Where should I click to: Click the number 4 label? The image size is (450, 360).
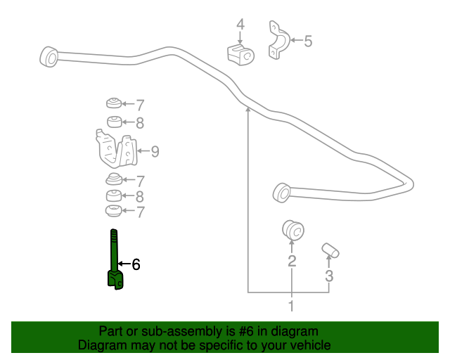click(240, 25)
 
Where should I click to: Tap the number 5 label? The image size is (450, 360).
click(307, 41)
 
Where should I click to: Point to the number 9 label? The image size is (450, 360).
click(155, 150)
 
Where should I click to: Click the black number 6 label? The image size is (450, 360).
click(136, 264)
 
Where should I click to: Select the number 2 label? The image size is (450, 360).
click(291, 262)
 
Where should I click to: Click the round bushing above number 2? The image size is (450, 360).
click(291, 230)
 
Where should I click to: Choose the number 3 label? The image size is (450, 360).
click(328, 276)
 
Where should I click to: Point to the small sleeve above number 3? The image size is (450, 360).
click(330, 249)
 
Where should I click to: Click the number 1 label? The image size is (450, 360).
click(291, 305)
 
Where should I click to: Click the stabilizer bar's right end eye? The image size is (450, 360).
click(281, 191)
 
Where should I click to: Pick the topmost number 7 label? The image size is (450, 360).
click(140, 105)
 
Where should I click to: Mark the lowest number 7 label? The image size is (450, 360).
click(140, 210)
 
